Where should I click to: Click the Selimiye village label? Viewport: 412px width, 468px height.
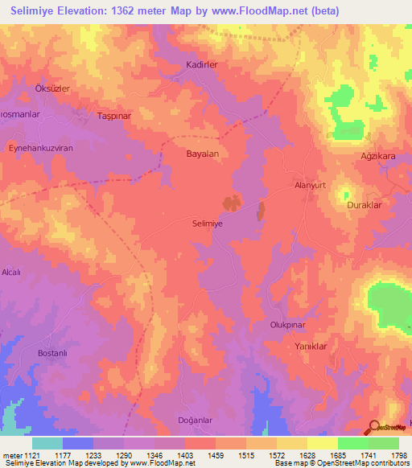(208, 225)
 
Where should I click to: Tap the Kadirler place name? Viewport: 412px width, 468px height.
(203, 64)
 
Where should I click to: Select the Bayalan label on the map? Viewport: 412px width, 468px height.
(203, 152)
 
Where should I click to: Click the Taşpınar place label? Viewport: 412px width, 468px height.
(113, 116)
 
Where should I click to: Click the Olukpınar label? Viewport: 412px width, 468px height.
(288, 325)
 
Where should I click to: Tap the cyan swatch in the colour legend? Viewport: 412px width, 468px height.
(47, 443)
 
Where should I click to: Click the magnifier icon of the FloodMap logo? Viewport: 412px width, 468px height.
(373, 427)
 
